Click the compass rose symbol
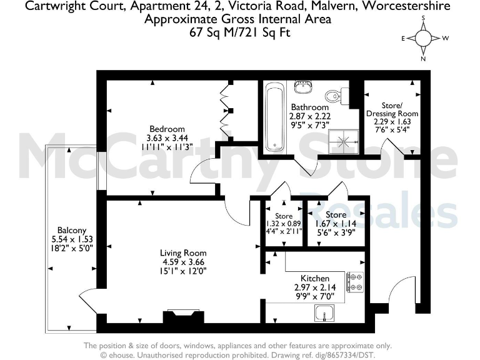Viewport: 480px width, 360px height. coord(424,38)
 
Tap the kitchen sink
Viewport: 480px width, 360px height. coord(326,313)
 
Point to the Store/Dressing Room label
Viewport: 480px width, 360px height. coord(400,109)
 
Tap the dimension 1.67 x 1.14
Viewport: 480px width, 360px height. coord(336,223)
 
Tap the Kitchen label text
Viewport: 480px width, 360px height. coord(311,277)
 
